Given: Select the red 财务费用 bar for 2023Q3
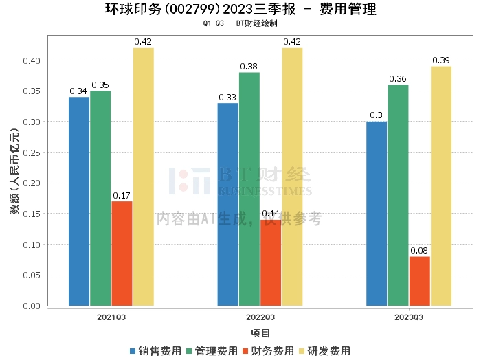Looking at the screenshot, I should click(419, 281).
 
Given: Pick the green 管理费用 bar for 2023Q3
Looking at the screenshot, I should click(398, 195).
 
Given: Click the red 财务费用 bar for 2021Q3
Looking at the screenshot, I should click(122, 254).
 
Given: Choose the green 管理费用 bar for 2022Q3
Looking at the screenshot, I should click(249, 189).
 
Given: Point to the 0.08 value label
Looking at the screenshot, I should click(419, 251).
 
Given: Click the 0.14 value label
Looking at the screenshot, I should click(271, 214).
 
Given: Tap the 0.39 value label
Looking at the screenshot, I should click(441, 60).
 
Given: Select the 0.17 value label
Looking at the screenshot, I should click(122, 195).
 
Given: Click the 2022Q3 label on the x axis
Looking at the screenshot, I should click(260, 317).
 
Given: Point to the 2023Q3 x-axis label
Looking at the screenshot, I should click(409, 317).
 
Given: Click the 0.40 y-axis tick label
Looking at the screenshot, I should click(31, 60).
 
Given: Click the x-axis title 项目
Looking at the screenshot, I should click(260, 333).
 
